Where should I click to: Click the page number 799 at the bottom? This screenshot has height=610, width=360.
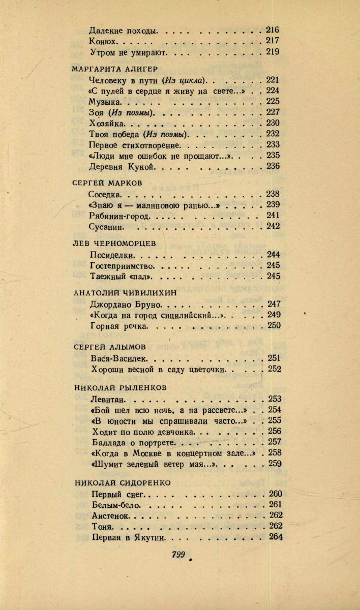[x=178, y=555]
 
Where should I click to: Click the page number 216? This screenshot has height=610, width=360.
[x=273, y=30]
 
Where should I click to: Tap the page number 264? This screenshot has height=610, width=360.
[x=273, y=537]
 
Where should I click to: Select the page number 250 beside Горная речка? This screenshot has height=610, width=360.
[x=273, y=326]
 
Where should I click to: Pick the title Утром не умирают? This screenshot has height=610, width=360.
[x=130, y=52]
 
